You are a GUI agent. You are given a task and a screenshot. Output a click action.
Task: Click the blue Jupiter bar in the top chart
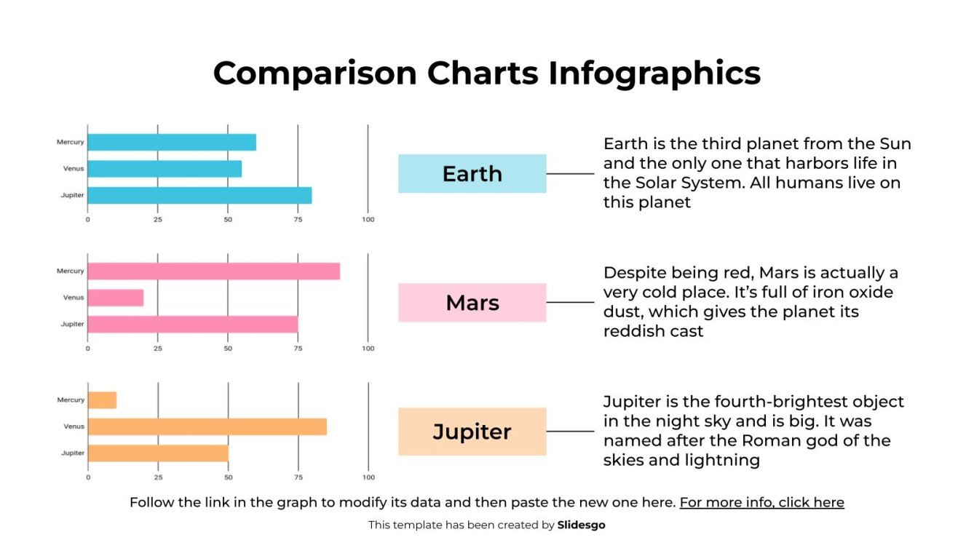[x=199, y=195]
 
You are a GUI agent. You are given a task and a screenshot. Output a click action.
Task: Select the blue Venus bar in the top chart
[x=165, y=169]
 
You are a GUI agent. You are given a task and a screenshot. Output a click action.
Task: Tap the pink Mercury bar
[x=213, y=271]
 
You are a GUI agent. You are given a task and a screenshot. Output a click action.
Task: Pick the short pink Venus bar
[x=116, y=298]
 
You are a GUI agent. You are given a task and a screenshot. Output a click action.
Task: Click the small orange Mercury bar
[x=102, y=400]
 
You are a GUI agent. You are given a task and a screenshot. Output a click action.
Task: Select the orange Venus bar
[x=207, y=426]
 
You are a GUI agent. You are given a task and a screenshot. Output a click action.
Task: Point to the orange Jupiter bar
[x=158, y=453]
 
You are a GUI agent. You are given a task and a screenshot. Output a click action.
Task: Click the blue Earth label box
[x=472, y=173]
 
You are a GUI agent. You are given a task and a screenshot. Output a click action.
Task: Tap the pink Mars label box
[x=472, y=303]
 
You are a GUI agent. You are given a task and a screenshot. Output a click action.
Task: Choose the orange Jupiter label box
[x=472, y=432]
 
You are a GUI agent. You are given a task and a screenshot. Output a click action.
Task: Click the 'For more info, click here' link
[x=761, y=502]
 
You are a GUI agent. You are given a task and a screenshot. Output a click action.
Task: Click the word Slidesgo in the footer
[x=581, y=525]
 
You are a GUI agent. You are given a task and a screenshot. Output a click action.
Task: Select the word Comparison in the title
[x=315, y=74]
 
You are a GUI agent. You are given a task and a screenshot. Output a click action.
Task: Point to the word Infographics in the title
[x=654, y=74]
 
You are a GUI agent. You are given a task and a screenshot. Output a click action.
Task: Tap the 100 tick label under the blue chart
[x=368, y=220]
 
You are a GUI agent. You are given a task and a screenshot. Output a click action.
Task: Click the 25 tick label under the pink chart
[x=158, y=349]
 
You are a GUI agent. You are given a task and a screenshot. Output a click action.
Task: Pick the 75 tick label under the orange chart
[x=298, y=477]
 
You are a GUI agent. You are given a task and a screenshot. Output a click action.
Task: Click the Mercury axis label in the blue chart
[x=71, y=142]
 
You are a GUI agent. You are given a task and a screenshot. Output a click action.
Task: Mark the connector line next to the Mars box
[x=570, y=303]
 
